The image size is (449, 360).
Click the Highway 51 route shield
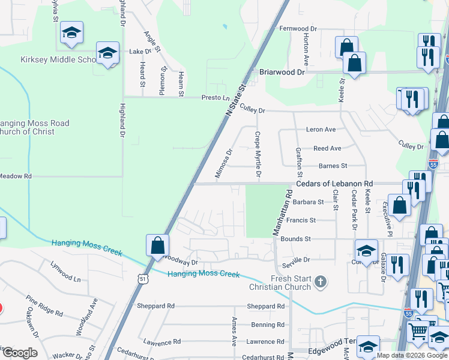[142, 279]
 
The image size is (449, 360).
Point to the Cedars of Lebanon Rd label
[334, 184]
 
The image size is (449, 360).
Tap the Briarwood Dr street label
[282, 71]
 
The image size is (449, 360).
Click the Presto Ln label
[215, 98]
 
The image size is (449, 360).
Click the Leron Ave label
[321, 130]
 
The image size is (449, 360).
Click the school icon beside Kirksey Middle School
[108, 53]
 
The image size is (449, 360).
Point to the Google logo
[19, 353]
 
